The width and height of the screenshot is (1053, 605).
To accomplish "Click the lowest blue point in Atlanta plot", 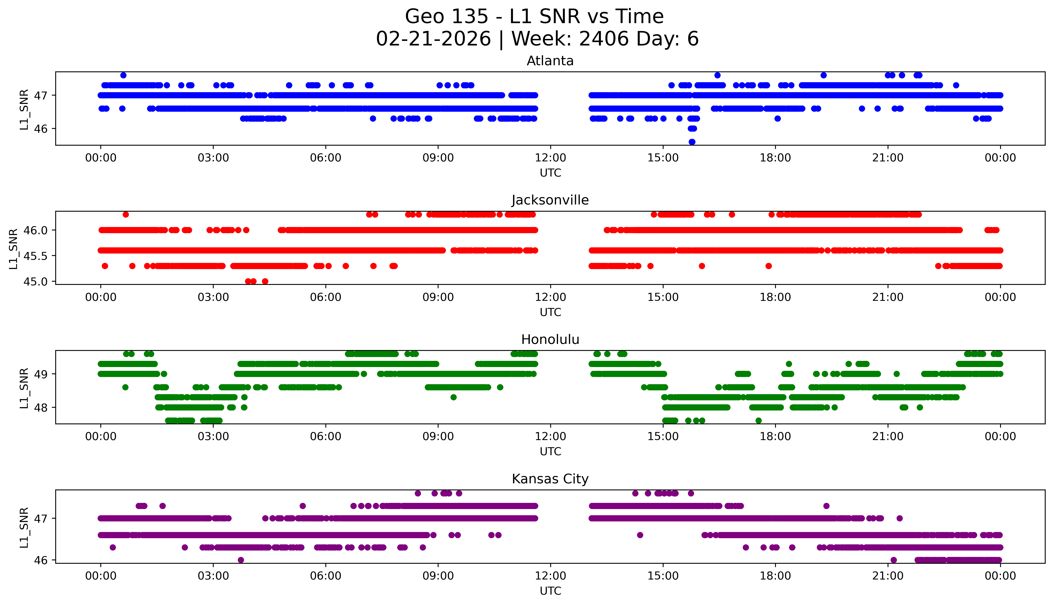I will click(692, 142).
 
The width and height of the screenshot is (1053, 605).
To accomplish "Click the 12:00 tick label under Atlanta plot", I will click(550, 158).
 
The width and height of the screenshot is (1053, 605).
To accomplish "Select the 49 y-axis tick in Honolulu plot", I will click(41, 374).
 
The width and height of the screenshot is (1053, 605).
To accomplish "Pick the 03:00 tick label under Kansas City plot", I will click(213, 576).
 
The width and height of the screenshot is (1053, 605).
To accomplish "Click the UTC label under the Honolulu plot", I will click(550, 452).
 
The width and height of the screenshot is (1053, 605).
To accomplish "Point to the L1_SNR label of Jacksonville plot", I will click(13, 249).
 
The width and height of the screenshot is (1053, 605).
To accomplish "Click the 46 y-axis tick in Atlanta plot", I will click(41, 129).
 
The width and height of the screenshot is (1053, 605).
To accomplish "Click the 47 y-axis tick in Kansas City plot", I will click(41, 519).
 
